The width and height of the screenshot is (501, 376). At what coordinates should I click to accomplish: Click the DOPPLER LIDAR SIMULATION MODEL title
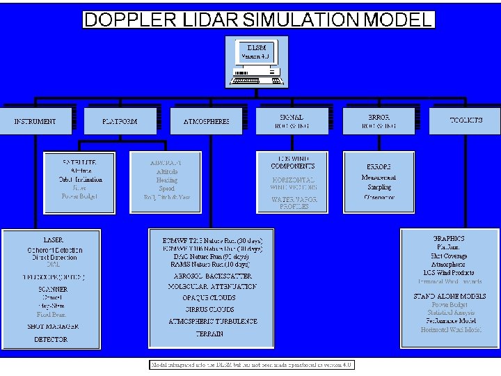[x=258, y=19]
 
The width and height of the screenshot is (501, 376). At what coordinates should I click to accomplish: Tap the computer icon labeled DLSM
[x=256, y=61]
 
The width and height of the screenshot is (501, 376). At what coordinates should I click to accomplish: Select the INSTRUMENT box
[x=35, y=121]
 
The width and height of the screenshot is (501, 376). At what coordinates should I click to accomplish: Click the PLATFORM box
[x=120, y=121]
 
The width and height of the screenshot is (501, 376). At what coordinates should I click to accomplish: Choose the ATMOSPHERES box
[x=206, y=121]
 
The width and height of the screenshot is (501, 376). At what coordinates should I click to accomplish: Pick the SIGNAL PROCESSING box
[x=292, y=121]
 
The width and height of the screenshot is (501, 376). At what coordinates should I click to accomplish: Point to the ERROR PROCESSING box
[x=379, y=121]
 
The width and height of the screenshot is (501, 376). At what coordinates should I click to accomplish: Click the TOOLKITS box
[x=466, y=120]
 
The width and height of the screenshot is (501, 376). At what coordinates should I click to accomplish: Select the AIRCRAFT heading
[x=166, y=162]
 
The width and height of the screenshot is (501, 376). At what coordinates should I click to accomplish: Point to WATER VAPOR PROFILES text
[x=294, y=203]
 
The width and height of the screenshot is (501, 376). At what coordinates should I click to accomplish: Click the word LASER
[x=54, y=240]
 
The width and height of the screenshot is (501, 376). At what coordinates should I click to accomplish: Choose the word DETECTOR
[x=51, y=340]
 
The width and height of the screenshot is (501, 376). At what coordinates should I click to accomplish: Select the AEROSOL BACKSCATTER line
[x=213, y=276]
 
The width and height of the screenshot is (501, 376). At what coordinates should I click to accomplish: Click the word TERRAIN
[x=209, y=334]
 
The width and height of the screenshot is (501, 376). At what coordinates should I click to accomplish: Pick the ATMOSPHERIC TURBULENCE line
[x=213, y=322]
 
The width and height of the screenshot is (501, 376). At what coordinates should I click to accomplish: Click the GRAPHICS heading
[x=449, y=238]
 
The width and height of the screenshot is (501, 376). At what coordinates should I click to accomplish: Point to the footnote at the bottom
[x=253, y=365]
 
